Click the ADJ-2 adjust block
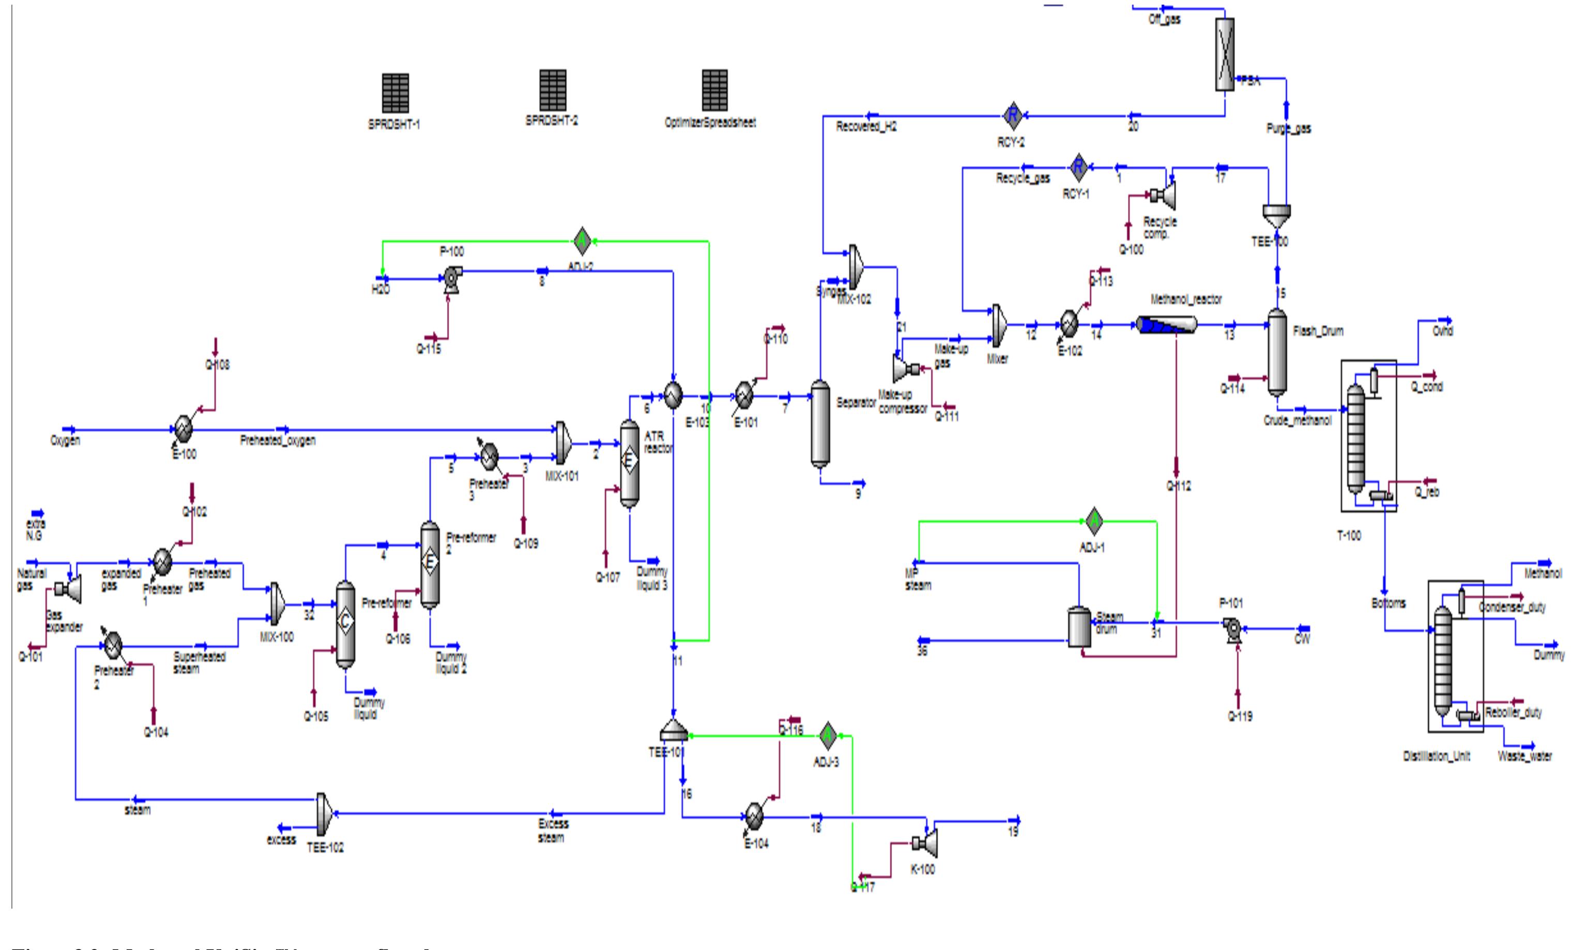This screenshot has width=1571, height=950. (x=582, y=241)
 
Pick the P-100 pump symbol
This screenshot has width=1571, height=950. (x=451, y=279)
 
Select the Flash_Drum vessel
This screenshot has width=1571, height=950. (x=1276, y=353)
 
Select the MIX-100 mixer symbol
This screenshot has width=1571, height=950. (x=276, y=603)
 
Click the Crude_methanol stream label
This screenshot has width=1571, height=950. (x=1297, y=421)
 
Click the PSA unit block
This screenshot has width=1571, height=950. (x=1224, y=54)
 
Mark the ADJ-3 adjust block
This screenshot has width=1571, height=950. (x=827, y=735)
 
